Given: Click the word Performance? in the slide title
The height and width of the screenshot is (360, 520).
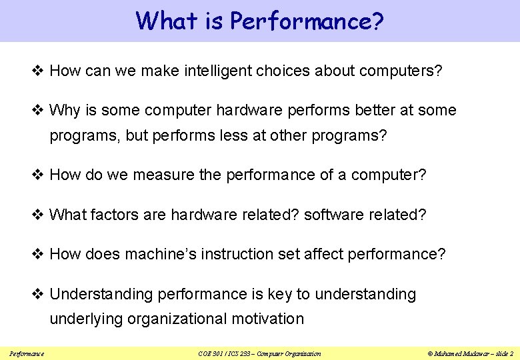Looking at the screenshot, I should [x=307, y=21].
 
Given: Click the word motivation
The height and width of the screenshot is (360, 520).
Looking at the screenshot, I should [x=267, y=319].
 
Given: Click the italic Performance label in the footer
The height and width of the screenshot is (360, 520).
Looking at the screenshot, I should [x=27, y=353].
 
